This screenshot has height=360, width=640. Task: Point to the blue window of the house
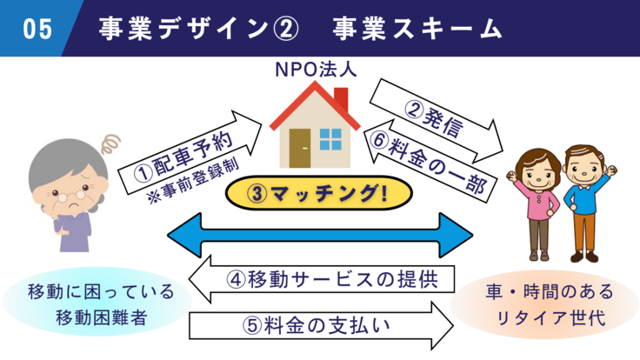tap(331, 138)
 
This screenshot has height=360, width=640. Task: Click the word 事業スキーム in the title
tap(417, 29)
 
